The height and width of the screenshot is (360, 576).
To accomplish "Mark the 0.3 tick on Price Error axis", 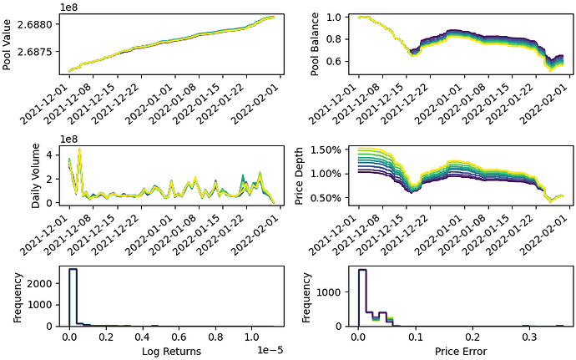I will point(526,338).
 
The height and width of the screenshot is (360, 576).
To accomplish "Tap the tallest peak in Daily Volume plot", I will point(79,150).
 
